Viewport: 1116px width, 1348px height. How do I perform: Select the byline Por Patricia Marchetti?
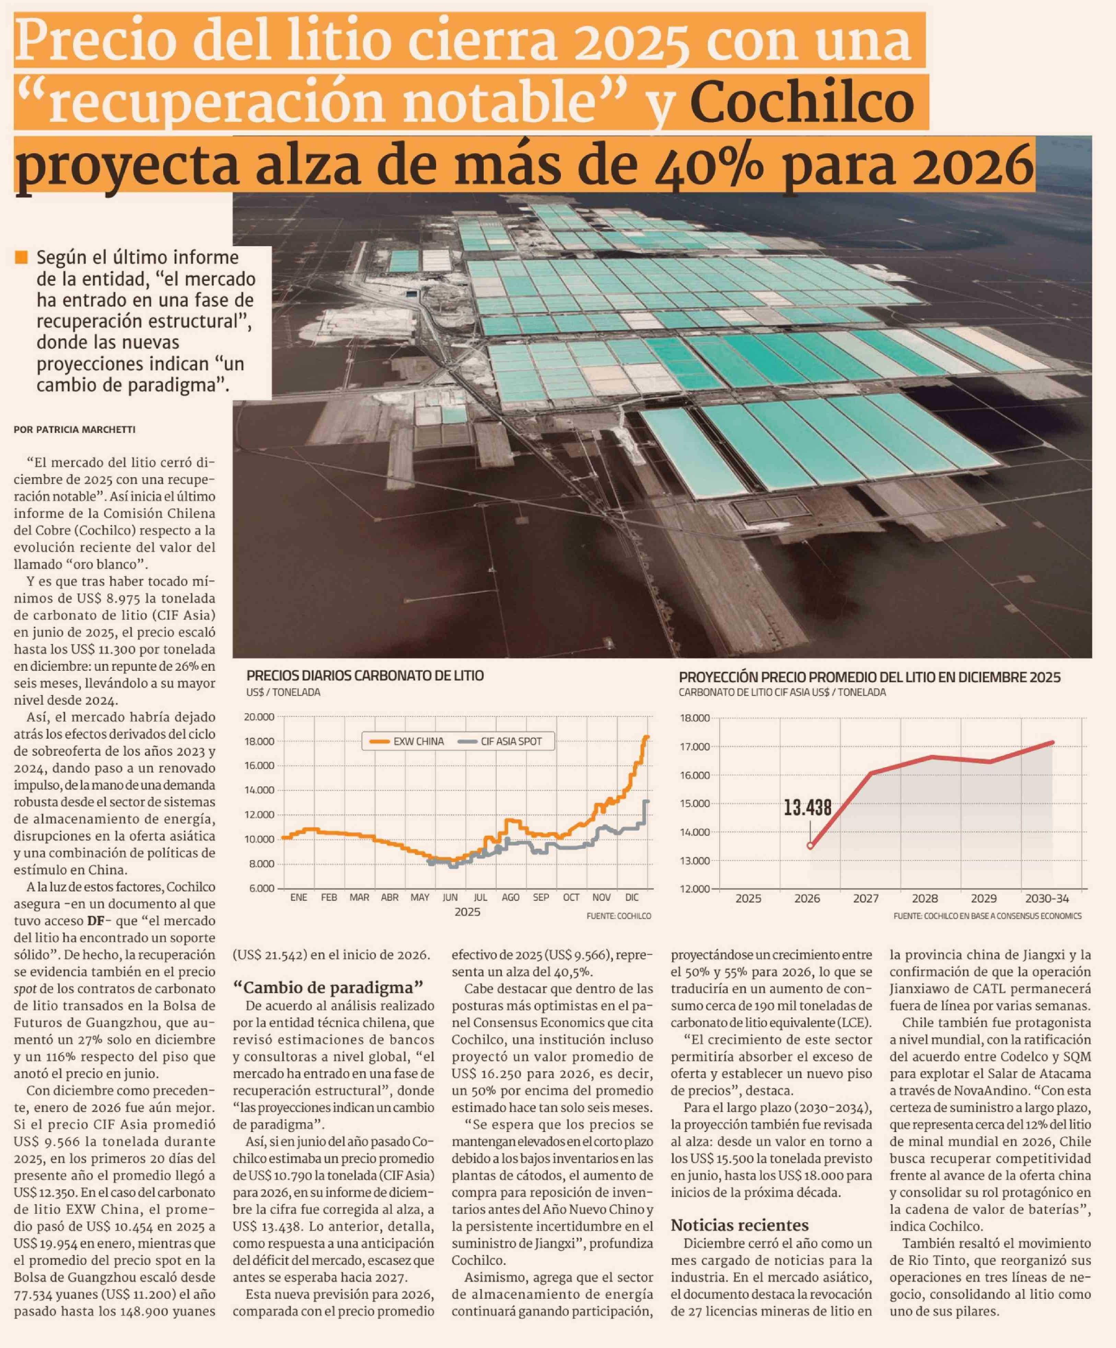pos(74,429)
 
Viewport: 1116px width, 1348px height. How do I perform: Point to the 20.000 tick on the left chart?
pos(259,717)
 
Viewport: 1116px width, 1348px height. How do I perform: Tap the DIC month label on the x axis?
pos(631,897)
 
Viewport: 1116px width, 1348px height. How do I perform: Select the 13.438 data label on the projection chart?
pos(807,807)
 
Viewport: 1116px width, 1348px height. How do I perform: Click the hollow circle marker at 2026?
pos(810,845)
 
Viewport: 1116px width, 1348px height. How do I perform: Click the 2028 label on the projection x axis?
pos(925,899)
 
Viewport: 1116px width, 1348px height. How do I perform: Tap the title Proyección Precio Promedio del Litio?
pos(870,677)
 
